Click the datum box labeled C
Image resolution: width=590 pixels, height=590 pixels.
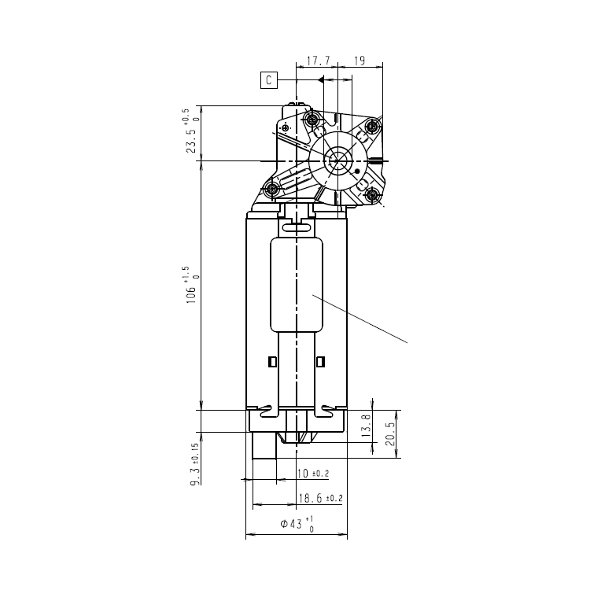pyautogui.click(x=269, y=80)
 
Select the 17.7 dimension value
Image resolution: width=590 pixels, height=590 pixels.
pyautogui.click(x=318, y=61)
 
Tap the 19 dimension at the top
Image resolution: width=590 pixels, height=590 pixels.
pyautogui.click(x=360, y=61)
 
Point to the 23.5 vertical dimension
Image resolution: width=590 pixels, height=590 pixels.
pyautogui.click(x=191, y=131)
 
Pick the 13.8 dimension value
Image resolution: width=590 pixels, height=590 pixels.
pyautogui.click(x=367, y=426)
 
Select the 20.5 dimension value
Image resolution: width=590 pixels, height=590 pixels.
pyautogui.click(x=390, y=433)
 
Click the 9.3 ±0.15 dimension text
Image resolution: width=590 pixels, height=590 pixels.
pyautogui.click(x=194, y=464)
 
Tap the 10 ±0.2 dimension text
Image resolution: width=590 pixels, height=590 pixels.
pyautogui.click(x=312, y=474)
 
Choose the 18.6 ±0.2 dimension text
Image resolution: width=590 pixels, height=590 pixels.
pyautogui.click(x=321, y=498)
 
